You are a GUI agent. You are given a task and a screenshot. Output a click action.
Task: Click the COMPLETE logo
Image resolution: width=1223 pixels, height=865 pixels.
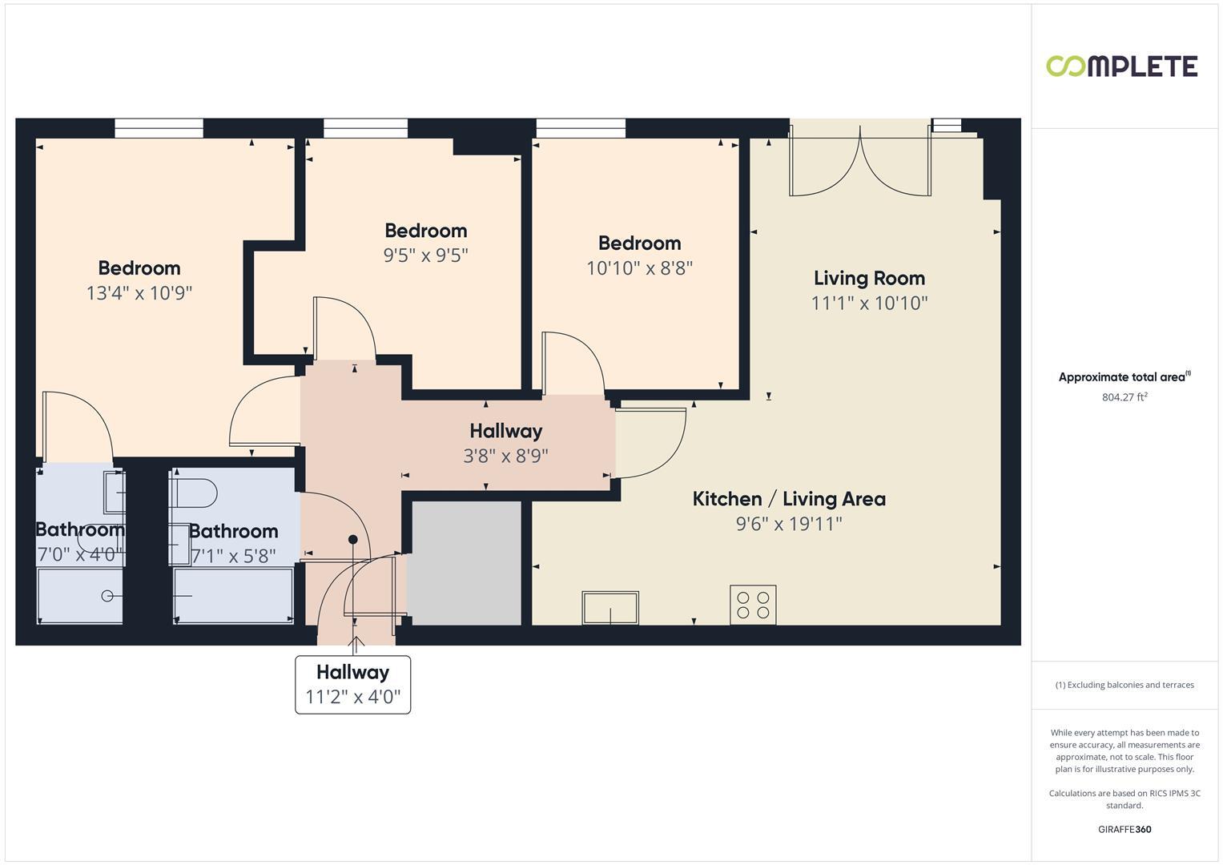point(1121,66)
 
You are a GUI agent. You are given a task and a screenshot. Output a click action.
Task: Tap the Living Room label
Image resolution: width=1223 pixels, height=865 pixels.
point(869,278)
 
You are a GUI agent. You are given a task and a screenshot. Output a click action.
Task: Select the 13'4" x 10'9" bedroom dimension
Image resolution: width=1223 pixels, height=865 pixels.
point(139,293)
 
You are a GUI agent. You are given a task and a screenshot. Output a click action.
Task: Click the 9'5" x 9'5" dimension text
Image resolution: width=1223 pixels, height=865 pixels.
point(425,255)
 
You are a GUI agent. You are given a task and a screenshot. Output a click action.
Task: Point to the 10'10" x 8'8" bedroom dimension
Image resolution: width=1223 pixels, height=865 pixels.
point(639,268)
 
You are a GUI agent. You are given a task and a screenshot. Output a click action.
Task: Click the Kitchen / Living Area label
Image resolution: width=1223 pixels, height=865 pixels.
point(789,499)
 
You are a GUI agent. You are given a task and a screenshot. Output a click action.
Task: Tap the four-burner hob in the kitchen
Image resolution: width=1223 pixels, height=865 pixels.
point(753,605)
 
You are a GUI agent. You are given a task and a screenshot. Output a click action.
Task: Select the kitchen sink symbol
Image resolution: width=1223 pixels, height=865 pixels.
point(610,608)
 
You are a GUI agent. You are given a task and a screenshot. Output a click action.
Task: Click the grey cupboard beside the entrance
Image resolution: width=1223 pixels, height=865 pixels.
point(466,563)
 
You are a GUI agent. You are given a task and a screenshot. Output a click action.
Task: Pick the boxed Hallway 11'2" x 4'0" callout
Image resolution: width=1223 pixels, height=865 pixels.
point(352,685)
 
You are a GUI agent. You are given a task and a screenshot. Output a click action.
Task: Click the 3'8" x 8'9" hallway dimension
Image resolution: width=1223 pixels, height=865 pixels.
point(505,456)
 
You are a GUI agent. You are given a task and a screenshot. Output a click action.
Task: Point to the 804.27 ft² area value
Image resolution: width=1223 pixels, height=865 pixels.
point(1124,397)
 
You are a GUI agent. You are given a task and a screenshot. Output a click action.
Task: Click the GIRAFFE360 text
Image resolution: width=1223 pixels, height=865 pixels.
point(1124,830)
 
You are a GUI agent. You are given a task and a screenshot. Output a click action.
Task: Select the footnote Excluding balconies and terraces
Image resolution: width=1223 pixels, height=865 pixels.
point(1124,685)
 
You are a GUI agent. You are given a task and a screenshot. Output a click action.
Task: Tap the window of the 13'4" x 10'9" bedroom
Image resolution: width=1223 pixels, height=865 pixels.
point(159,128)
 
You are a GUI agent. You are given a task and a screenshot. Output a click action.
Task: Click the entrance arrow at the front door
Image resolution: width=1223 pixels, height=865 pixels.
point(356,642)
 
